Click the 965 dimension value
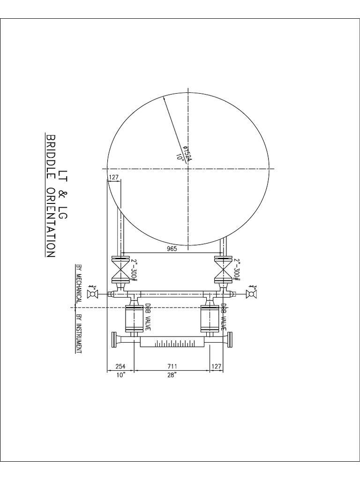(172, 249)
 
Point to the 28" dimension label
(172, 375)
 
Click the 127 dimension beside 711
(216, 366)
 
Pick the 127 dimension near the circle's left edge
(114, 178)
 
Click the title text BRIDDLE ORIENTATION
(51, 195)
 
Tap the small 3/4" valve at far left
(93, 294)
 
